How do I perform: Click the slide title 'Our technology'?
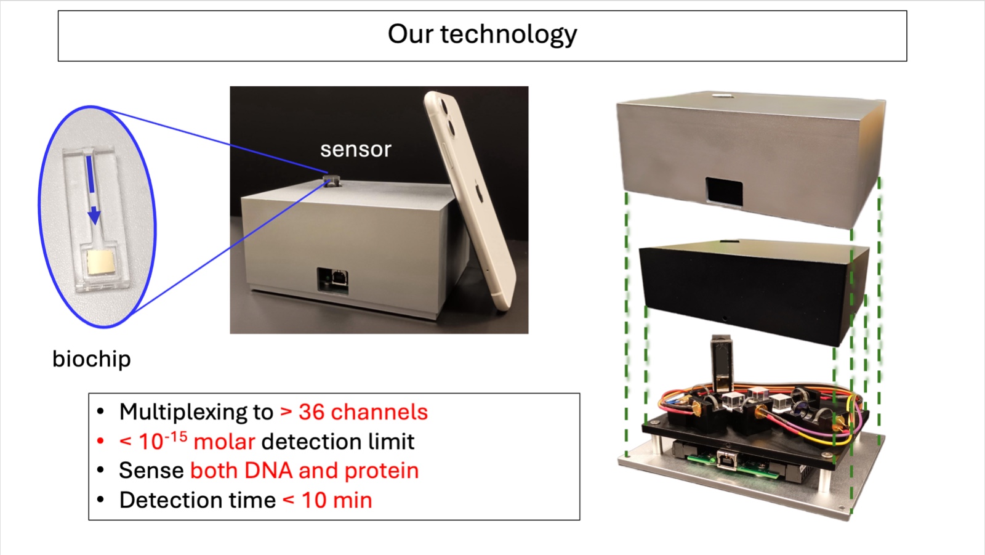coord(482,34)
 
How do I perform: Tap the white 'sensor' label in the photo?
coord(355,149)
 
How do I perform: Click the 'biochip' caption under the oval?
coord(91,359)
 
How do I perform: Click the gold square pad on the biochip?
coord(100,262)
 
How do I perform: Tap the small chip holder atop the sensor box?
coord(331,180)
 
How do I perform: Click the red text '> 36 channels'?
coord(354,411)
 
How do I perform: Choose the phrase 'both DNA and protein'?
coord(305,471)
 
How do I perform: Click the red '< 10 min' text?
coord(327,500)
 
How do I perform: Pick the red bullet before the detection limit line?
coord(100,441)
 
